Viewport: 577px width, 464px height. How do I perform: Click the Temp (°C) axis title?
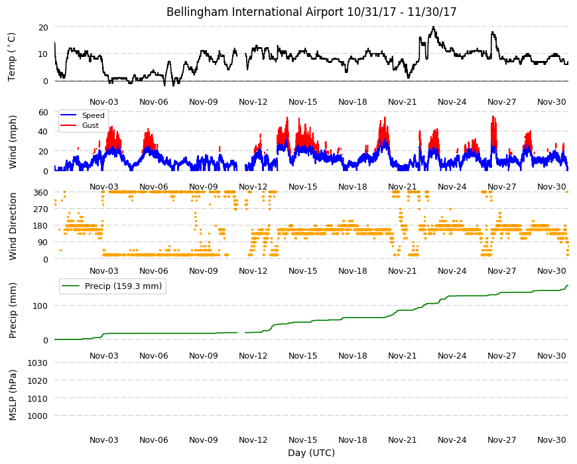pyautogui.click(x=12, y=57)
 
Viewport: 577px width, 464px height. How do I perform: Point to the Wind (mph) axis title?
pyautogui.click(x=13, y=142)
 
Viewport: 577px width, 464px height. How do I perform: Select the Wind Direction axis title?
pyautogui.click(x=13, y=227)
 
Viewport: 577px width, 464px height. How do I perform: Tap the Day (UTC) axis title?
pyautogui.click(x=311, y=453)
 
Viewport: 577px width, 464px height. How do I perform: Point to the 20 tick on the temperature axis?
pyautogui.click(x=43, y=27)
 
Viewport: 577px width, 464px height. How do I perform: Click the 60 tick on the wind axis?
pyautogui.click(x=43, y=112)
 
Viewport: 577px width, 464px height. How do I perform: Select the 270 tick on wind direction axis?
pyautogui.click(x=40, y=209)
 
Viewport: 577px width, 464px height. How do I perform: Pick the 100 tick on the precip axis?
pyautogui.click(x=40, y=306)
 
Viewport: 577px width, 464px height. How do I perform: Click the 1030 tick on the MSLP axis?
pyautogui.click(x=38, y=363)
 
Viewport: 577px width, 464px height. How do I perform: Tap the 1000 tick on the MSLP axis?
pyautogui.click(x=38, y=416)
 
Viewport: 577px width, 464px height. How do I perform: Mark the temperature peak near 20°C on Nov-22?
pyautogui.click(x=434, y=27)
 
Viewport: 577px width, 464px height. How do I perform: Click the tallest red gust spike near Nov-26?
pyautogui.click(x=493, y=117)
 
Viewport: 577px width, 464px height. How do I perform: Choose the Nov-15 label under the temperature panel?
pyautogui.click(x=302, y=102)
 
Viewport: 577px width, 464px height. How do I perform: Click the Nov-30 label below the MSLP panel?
pyautogui.click(x=551, y=439)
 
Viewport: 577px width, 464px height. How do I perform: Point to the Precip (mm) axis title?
pyautogui.click(x=13, y=311)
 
